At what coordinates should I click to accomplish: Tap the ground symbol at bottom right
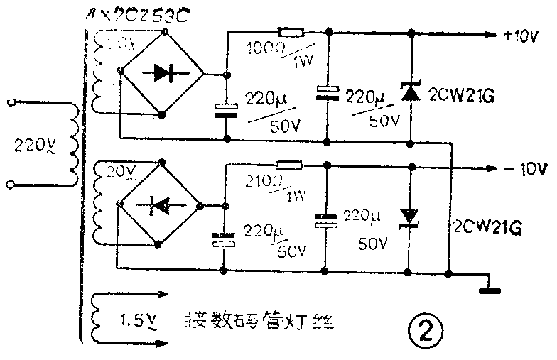488,287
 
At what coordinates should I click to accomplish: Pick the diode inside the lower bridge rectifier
161,206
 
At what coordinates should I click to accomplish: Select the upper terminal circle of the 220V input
10,104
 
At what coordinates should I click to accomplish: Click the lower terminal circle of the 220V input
10,186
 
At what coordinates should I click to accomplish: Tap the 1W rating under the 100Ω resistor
302,62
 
